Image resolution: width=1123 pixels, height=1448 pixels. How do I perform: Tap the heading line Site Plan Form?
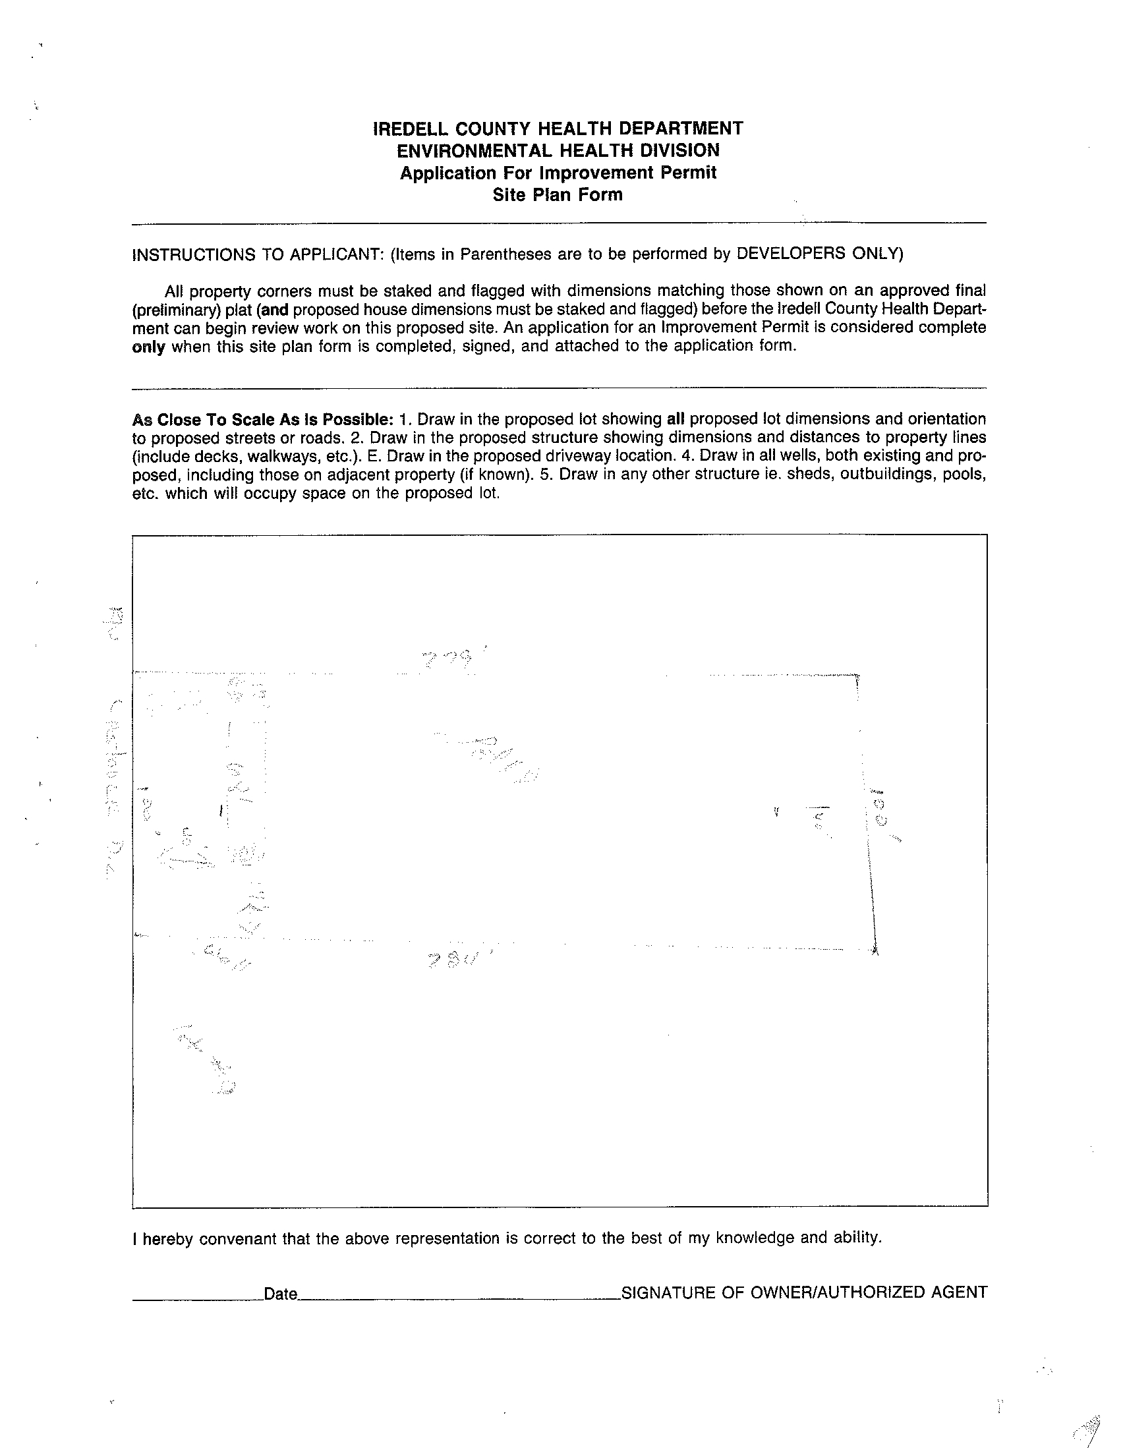point(558,195)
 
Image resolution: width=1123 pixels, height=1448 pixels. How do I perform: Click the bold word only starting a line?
point(148,347)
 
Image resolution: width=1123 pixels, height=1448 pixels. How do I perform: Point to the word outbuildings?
point(886,475)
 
